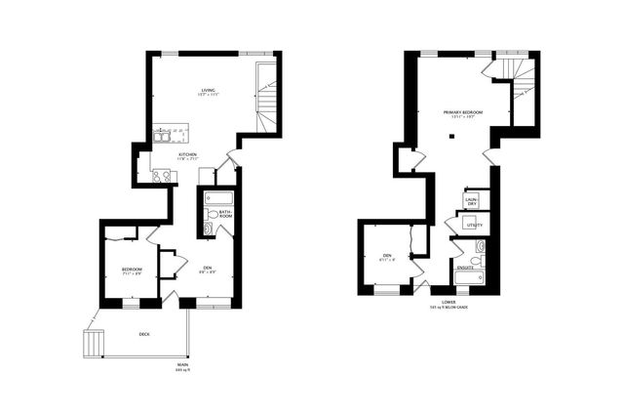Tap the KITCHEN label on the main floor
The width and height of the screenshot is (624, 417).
(x=188, y=155)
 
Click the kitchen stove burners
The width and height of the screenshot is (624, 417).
(x=161, y=176)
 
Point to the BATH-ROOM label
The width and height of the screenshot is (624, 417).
(x=224, y=214)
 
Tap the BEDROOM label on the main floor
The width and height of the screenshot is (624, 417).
(x=132, y=270)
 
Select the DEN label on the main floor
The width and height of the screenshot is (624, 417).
(x=207, y=268)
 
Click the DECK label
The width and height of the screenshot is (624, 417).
(x=144, y=334)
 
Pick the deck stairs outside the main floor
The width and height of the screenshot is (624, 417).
(x=93, y=344)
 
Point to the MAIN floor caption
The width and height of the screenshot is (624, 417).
(x=182, y=367)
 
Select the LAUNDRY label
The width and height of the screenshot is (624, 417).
(x=471, y=200)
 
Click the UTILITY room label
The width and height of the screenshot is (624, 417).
(x=475, y=226)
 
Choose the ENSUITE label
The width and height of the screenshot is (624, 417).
(x=465, y=267)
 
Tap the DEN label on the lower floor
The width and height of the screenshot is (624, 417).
(x=387, y=259)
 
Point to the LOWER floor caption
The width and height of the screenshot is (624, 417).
(x=448, y=303)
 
